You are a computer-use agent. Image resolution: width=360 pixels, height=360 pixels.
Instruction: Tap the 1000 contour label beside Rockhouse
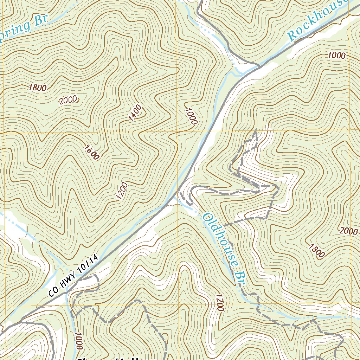coord(337,55)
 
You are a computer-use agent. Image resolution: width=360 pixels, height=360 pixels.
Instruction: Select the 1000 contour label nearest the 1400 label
coord(190,116)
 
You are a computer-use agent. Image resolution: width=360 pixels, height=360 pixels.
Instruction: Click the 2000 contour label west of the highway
coord(68,100)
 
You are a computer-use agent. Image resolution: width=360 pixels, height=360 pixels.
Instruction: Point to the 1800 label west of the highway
coord(38,88)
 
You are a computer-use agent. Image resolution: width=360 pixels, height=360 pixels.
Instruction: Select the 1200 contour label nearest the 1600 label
coord(122,191)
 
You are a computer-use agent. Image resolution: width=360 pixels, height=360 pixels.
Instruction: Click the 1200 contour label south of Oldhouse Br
coord(219,303)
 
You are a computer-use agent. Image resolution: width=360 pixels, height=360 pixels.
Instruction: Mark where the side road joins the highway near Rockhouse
coord(259,65)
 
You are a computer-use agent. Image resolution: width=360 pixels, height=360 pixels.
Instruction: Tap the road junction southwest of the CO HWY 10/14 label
coord(22,320)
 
